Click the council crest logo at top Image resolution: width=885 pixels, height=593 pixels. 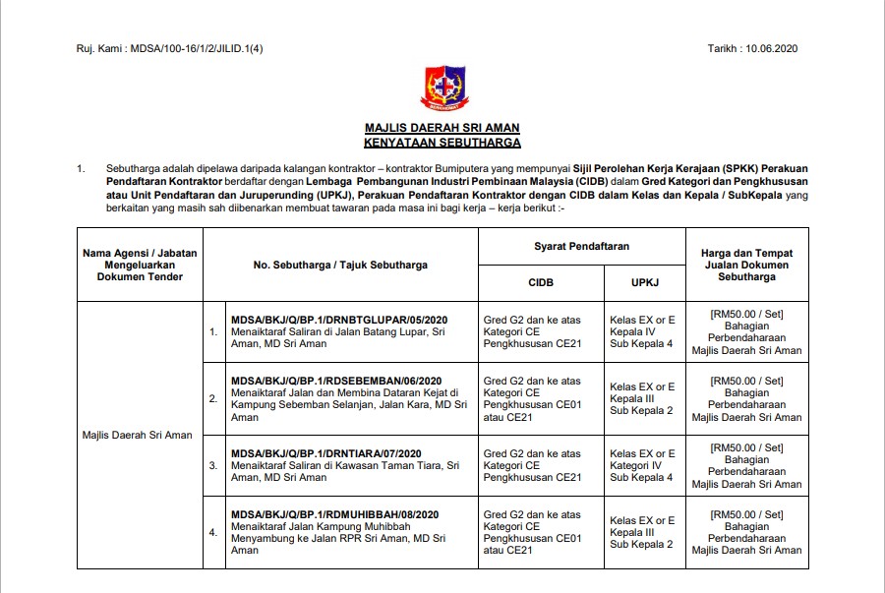point(442,89)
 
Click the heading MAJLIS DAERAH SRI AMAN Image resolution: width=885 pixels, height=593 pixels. point(442,128)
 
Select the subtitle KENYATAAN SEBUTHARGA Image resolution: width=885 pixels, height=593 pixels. point(442,143)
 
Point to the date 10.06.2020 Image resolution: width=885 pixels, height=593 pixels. point(774,48)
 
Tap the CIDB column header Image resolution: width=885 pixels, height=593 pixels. point(540,283)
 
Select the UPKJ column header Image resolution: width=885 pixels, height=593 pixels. point(644,283)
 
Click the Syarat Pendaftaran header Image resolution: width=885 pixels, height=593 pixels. point(581,246)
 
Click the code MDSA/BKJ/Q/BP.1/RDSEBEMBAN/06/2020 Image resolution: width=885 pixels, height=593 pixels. point(336,381)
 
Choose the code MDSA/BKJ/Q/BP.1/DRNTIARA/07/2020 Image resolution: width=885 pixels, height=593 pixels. point(328,453)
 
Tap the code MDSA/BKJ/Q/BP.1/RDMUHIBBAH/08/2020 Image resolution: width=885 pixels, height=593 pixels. point(334,514)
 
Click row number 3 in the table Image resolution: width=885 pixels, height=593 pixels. point(213,465)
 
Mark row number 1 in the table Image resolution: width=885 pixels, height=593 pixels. point(213,331)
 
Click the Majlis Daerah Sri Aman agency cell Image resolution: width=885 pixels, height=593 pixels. point(138,434)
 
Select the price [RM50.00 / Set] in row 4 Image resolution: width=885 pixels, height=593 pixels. point(746,514)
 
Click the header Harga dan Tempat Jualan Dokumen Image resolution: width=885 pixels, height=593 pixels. point(746,265)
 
